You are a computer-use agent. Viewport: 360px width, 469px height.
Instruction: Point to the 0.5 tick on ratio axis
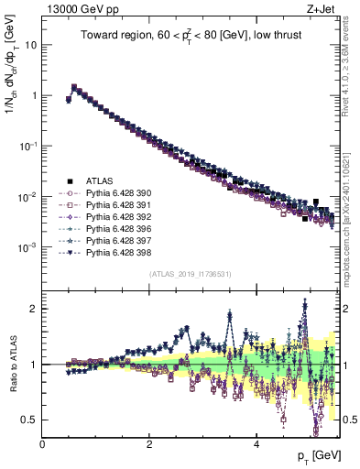click(29, 420)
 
